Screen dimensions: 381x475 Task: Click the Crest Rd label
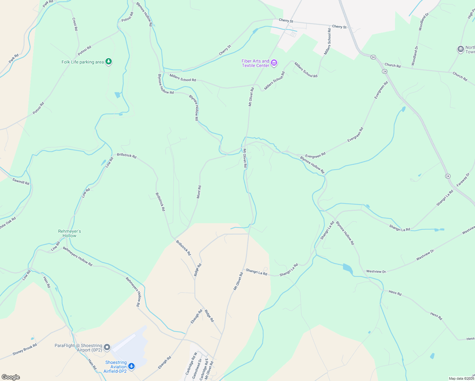pos(75,24)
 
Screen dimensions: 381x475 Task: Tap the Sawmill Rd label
pos(21,181)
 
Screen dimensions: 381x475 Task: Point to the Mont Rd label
pos(199,192)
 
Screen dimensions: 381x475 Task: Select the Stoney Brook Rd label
pos(25,349)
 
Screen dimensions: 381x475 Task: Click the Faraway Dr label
pos(463,180)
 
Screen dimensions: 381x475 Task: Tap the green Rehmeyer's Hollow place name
pos(70,233)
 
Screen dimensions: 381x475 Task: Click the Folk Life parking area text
pos(83,62)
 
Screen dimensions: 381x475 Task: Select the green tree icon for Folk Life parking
pos(109,61)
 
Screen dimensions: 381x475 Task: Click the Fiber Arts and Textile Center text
pos(255,63)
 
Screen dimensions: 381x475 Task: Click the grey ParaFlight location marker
pos(107,347)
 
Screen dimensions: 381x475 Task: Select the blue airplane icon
pos(131,367)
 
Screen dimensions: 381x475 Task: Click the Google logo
pos(11,377)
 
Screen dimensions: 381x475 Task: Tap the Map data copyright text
pos(461,378)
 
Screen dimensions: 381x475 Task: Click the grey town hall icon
pos(460,49)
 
